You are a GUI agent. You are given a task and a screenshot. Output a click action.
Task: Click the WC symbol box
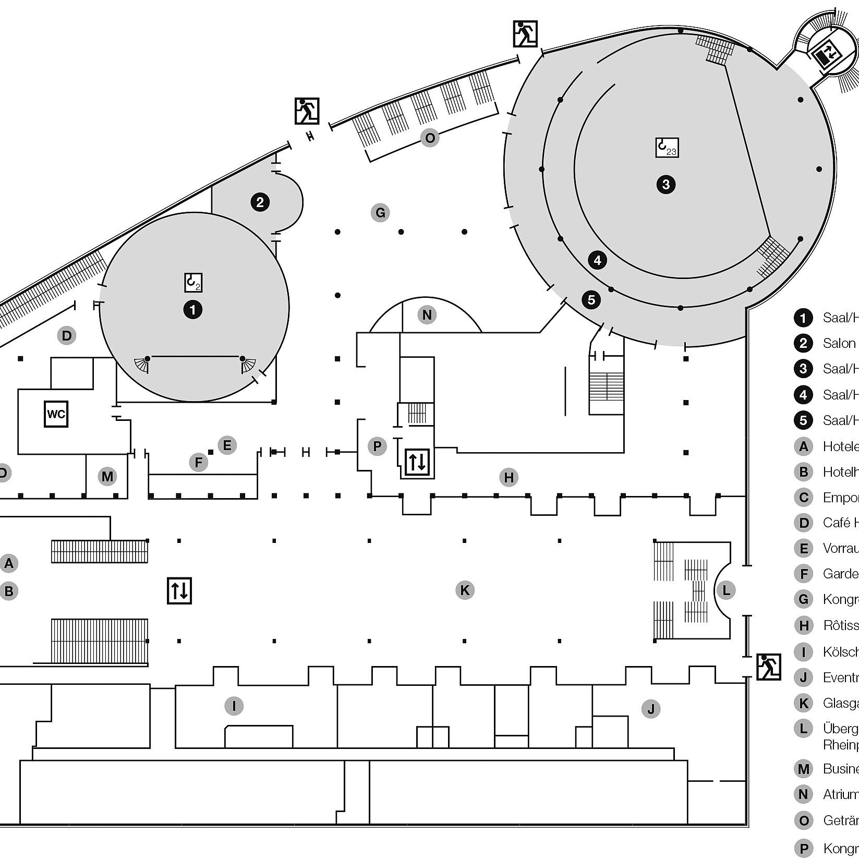point(56,415)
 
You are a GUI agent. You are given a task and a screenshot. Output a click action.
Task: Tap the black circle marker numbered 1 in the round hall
point(193,310)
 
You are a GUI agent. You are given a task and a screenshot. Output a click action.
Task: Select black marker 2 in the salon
point(260,202)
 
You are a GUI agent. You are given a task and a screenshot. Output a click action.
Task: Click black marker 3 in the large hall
point(666,184)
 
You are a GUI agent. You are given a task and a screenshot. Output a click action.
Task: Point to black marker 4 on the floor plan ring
point(597,260)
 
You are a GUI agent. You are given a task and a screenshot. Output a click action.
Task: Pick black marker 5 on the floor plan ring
point(591,299)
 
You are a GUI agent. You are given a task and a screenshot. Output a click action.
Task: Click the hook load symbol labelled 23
point(667,148)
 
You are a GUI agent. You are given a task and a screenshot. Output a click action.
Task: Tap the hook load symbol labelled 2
point(193,283)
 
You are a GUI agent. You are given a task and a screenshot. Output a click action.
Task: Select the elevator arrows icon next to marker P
point(417,462)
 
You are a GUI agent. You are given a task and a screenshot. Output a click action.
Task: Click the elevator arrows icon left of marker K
point(179,590)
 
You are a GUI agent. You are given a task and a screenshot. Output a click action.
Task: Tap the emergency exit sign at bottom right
point(768,667)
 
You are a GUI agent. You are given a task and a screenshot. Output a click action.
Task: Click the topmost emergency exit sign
point(525,34)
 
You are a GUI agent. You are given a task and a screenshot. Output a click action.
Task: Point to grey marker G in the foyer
point(380,213)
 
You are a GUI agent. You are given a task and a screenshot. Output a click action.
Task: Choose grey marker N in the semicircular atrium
point(427,314)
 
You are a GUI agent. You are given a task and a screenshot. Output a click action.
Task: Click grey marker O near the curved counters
point(430,138)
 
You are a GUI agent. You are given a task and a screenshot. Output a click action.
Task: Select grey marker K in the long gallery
point(464,590)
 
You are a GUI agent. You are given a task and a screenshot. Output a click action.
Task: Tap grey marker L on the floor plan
point(726,590)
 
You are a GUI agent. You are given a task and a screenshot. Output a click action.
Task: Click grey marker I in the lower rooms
point(234,706)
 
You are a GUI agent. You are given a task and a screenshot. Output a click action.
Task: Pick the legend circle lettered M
point(803,769)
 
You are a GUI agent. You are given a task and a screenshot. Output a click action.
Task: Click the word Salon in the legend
point(839,343)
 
